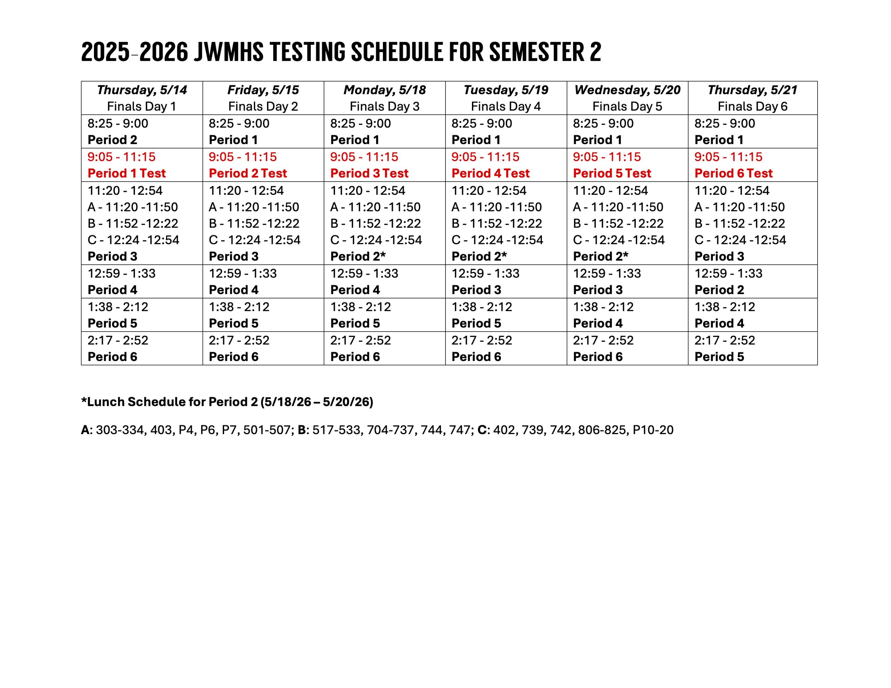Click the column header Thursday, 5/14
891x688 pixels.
coord(142,90)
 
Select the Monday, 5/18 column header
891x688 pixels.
coord(384,90)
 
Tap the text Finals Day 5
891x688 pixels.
coord(627,106)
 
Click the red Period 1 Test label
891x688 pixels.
coord(126,173)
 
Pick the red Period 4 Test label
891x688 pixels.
coord(490,173)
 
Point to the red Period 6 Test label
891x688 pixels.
coord(733,173)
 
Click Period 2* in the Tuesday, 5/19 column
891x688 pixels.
coord(479,256)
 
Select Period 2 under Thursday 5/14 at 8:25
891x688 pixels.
coord(112,140)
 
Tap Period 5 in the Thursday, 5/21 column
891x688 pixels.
coord(719,357)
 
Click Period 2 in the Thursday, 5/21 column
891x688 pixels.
coord(719,290)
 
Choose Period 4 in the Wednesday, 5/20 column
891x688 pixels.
coord(598,323)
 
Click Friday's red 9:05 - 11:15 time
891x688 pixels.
coord(242,157)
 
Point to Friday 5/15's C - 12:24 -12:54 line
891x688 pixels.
coord(254,240)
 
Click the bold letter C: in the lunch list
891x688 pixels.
coord(483,430)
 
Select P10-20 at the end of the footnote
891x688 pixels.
coord(653,430)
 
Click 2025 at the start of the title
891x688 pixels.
coord(105,52)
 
